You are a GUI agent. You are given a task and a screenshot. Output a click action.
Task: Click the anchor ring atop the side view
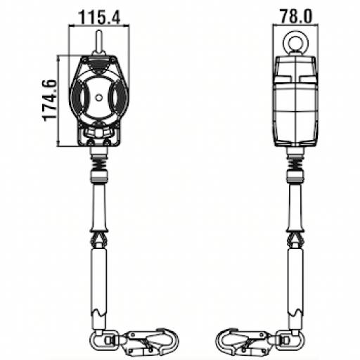294,42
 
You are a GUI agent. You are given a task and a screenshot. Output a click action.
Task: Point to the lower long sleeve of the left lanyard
99,288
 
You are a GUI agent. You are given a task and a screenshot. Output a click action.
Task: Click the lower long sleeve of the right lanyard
294,288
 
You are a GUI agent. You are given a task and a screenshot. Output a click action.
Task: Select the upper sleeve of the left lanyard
99,207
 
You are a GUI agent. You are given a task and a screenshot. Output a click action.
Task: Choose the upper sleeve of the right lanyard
294,207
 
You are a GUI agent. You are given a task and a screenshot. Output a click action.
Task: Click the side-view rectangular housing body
294,98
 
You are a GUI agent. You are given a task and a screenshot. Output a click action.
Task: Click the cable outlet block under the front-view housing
99,134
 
